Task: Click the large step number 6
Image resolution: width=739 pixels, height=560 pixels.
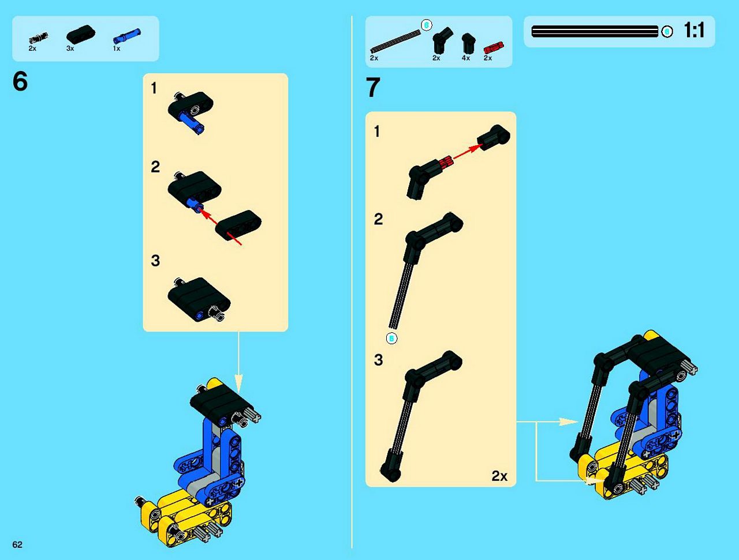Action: [20, 81]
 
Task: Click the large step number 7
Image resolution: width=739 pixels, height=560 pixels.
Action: [373, 87]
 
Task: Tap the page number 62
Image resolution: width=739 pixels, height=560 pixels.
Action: [17, 544]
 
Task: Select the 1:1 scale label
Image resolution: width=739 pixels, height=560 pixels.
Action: [694, 30]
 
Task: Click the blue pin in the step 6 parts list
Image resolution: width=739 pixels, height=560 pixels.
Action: [127, 36]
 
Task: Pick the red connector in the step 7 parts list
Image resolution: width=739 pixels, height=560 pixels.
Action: [494, 48]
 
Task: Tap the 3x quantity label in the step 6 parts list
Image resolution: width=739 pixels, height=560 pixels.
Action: [70, 48]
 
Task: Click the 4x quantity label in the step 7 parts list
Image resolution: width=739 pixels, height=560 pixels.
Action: [465, 58]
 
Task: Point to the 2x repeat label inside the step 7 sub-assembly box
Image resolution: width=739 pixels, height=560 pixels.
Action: [499, 476]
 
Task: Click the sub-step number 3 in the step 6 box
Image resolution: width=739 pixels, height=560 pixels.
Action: [155, 260]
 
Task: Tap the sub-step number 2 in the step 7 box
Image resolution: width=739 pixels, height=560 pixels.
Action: [378, 219]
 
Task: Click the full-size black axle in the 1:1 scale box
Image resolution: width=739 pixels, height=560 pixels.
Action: [595, 31]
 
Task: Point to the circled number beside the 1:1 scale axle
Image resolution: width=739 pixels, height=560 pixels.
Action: [667, 32]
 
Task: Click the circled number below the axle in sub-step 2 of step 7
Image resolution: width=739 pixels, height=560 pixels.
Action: [391, 339]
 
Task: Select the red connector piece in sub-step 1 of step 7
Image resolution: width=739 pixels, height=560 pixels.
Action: [445, 163]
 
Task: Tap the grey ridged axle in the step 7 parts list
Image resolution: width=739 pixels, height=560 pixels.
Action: [395, 42]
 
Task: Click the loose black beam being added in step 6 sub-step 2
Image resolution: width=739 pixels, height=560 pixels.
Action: [238, 225]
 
